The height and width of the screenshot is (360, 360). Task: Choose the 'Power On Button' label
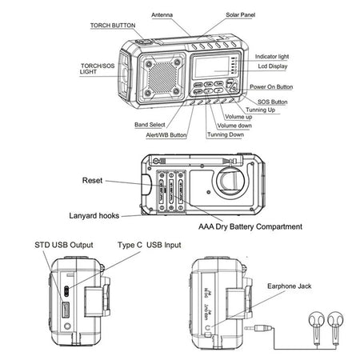pyautogui.click(x=271, y=86)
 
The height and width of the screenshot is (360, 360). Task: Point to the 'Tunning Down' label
pyautogui.click(x=226, y=134)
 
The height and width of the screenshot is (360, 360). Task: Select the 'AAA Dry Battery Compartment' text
pyautogui.click(x=250, y=226)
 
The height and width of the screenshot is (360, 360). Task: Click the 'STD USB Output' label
pyautogui.click(x=64, y=244)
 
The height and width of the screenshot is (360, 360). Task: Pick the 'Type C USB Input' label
pyautogui.click(x=149, y=244)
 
